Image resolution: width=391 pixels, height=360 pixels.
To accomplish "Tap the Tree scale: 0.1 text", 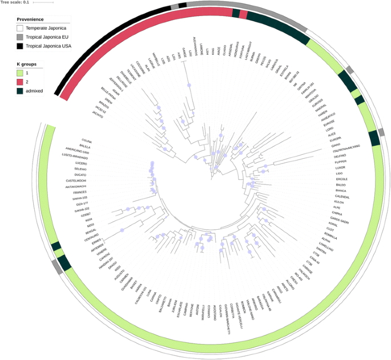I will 15,2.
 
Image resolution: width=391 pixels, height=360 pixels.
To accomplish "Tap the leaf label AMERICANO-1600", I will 78,152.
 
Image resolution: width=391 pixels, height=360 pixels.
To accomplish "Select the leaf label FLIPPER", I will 343,161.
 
